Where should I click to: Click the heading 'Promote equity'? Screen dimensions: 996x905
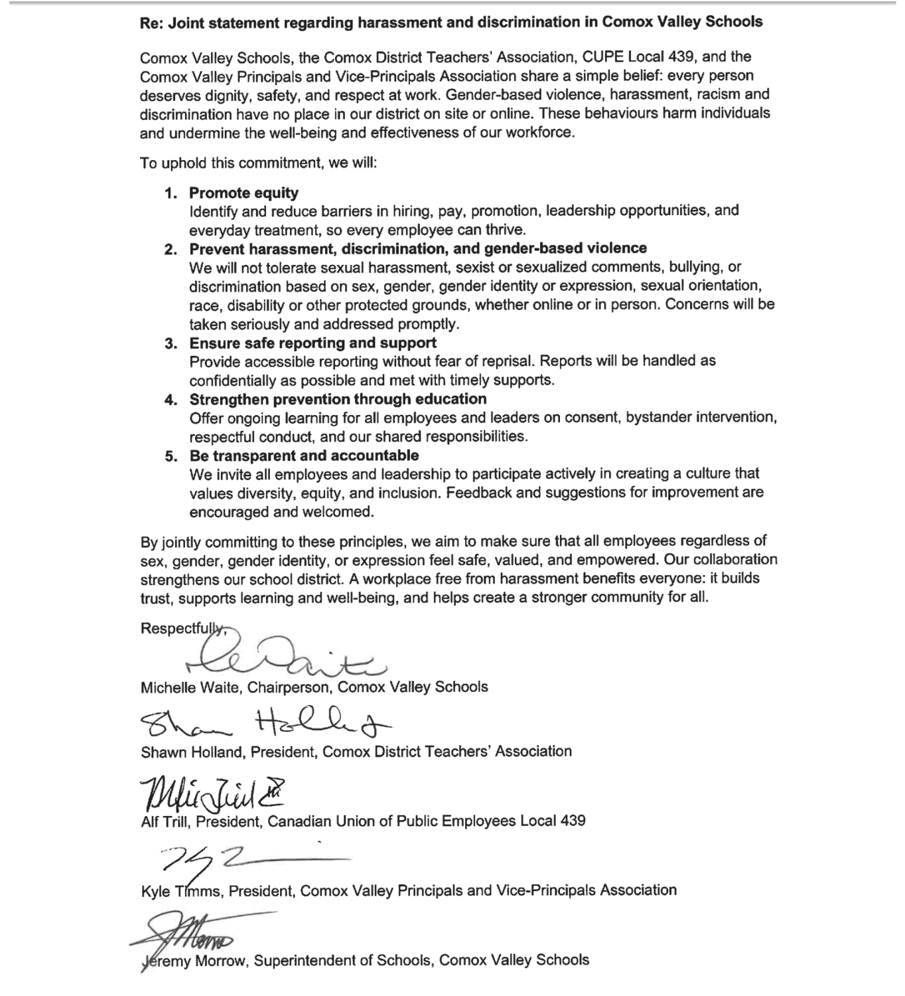[244, 193]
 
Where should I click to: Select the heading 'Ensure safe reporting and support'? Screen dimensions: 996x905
[313, 343]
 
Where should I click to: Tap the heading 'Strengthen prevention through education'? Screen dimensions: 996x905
[338, 399]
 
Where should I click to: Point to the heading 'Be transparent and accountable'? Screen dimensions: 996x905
[304, 456]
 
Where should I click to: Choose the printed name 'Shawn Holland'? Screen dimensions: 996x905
[189, 752]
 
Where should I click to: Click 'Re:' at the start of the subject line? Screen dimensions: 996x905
[151, 22]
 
